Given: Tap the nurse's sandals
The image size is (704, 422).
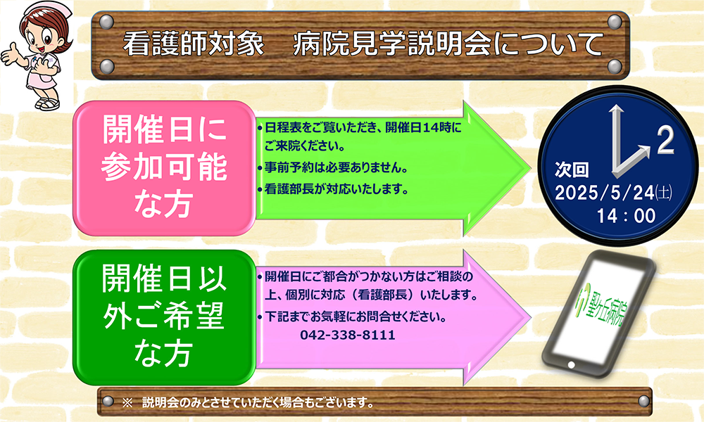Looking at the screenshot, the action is tap(48, 104).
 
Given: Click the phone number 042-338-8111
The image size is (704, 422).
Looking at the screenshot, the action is tap(348, 335).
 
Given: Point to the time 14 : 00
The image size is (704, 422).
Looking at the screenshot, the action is tap(626, 216).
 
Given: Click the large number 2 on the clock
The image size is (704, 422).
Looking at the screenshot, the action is tap(665, 141).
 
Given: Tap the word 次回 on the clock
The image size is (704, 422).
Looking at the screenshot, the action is tap(571, 170).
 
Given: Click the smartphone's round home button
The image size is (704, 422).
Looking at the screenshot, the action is tap(571, 364).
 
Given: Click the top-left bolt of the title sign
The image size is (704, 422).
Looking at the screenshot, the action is tap(106, 21).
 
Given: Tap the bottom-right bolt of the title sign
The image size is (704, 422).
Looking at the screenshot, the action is tap(615, 66).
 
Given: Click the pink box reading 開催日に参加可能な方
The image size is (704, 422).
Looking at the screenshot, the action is tap(164, 168).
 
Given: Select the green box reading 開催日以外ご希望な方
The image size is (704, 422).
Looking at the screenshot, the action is tap(164, 317).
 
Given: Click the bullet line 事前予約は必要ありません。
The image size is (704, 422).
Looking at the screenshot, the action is tap(333, 167).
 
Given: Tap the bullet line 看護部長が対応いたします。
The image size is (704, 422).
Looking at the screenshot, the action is tap(333, 189).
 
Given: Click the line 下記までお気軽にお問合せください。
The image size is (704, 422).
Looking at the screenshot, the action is tap(352, 316).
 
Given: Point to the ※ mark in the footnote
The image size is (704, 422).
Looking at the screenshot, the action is tap(127, 402).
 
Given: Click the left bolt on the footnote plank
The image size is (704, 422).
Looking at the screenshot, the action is tap(108, 401).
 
